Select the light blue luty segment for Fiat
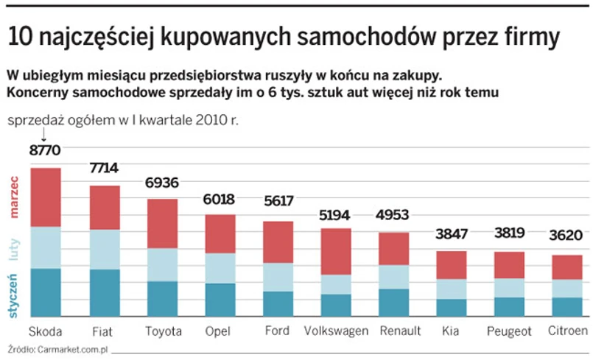(105, 249)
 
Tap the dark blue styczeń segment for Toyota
(162, 298)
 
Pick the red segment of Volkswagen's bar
(336, 251)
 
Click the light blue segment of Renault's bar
(393, 277)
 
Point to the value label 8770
(45, 150)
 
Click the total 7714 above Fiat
(104, 168)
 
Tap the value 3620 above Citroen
(567, 236)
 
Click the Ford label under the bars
(277, 330)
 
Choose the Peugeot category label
(509, 331)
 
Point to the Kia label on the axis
(450, 330)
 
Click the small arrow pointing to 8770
(44, 135)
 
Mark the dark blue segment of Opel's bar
(220, 300)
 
